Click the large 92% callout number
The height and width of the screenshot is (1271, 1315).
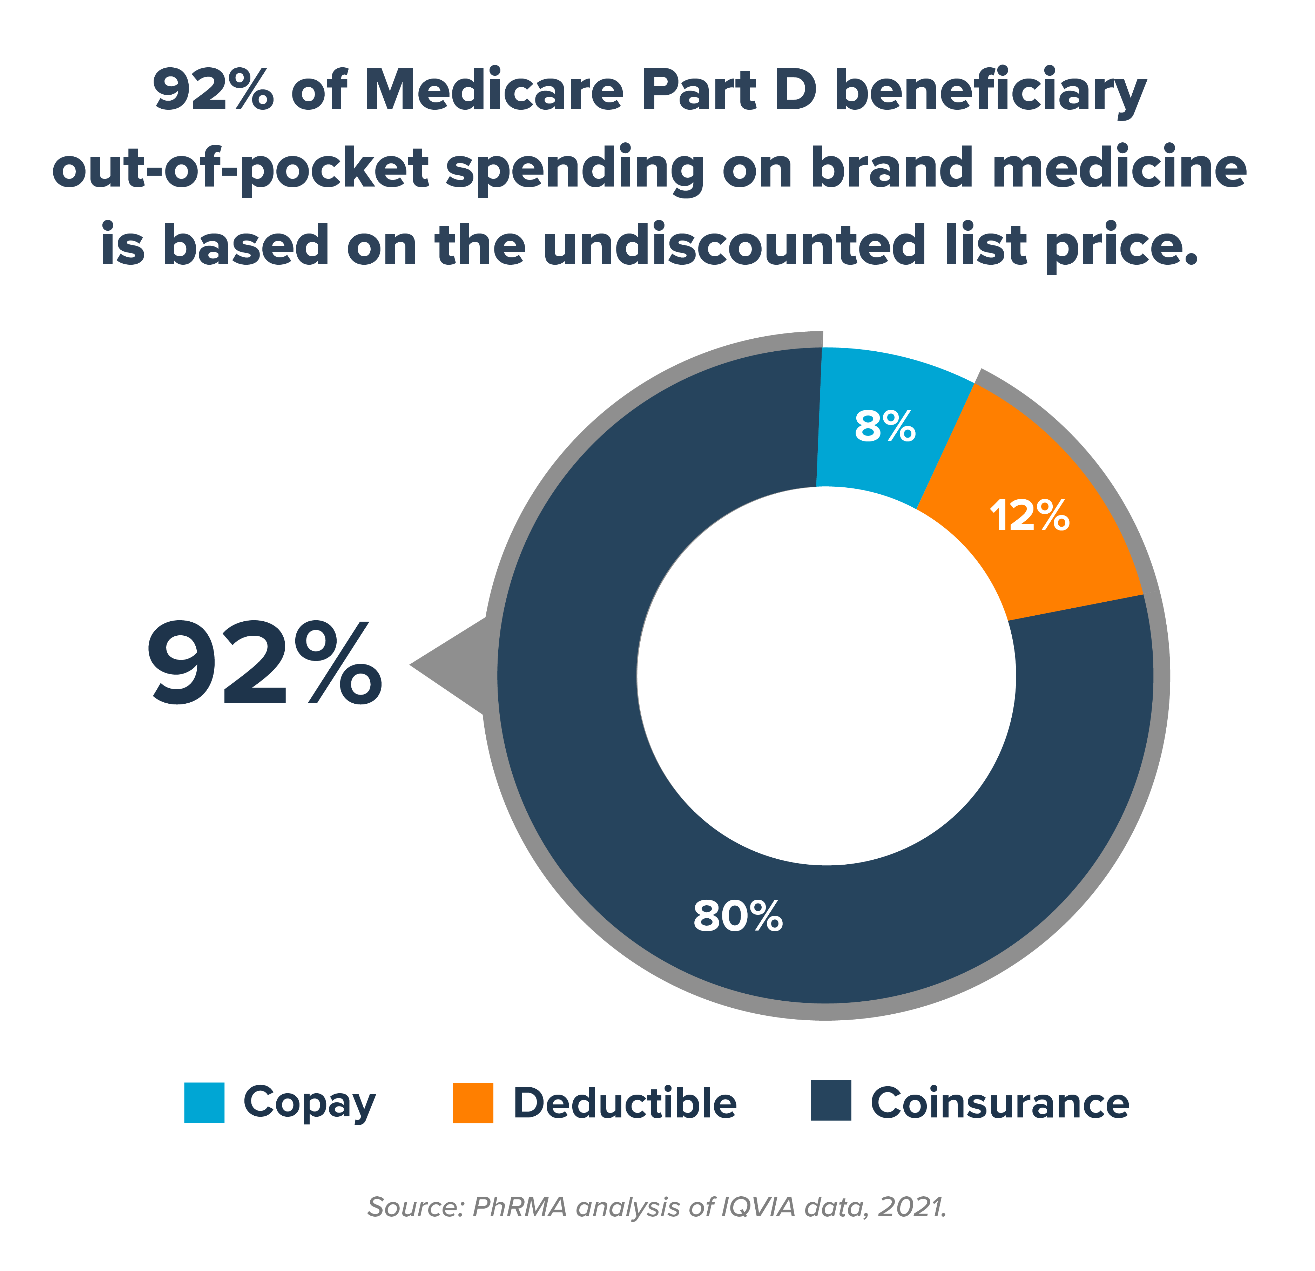pos(265,664)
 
